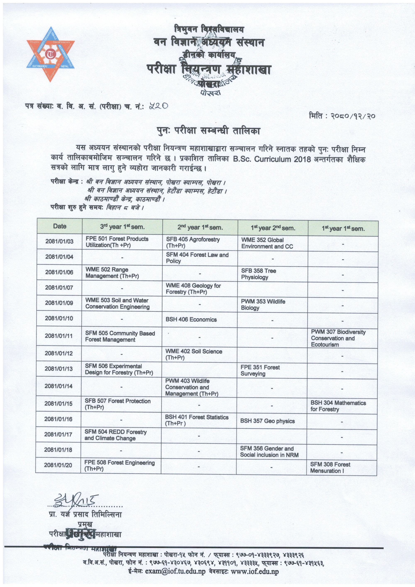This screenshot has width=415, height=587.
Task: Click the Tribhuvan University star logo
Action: [x=51, y=54]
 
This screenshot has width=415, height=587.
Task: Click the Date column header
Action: [x=60, y=226]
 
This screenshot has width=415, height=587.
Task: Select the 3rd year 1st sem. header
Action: [x=122, y=227]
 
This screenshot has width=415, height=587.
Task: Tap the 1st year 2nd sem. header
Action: [x=273, y=228]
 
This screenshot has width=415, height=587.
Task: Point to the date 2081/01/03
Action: [x=59, y=241]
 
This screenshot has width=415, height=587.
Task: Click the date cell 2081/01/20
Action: [x=58, y=465]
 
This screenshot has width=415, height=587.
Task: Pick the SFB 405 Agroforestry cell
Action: [x=193, y=242]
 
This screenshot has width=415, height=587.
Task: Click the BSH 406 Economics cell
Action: [x=191, y=320]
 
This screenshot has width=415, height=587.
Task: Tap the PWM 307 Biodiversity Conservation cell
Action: [x=338, y=338]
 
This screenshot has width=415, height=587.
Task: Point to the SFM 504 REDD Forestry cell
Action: [x=115, y=435]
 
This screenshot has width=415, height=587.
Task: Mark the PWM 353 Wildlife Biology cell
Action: [x=263, y=304]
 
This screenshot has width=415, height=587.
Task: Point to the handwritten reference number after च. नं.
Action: [x=159, y=106]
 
